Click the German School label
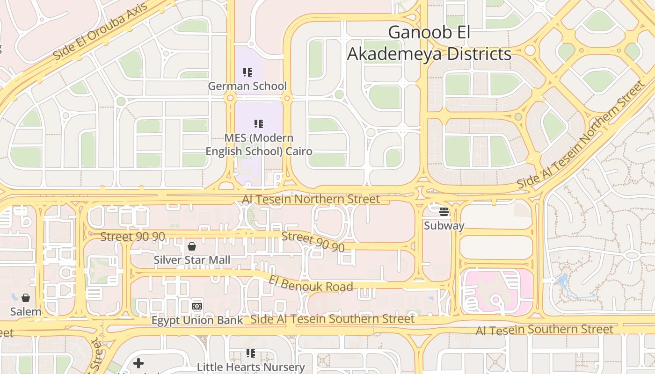pos(247,86)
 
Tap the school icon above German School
pos(247,72)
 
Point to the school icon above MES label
pos(259,124)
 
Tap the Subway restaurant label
pos(444,226)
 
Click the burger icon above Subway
pos(444,212)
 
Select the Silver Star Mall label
pos(192,259)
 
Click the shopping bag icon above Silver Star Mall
pos(192,246)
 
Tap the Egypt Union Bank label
pos(197,320)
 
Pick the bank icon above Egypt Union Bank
pos(197,306)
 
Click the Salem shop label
pos(26,311)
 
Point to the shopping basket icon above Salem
pos(26,298)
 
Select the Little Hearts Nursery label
pos(251,367)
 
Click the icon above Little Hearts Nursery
pos(251,353)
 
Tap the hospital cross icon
pos(138,363)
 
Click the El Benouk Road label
pos(311,283)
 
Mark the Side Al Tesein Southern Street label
pos(332,319)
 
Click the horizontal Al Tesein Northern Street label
pos(311,199)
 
